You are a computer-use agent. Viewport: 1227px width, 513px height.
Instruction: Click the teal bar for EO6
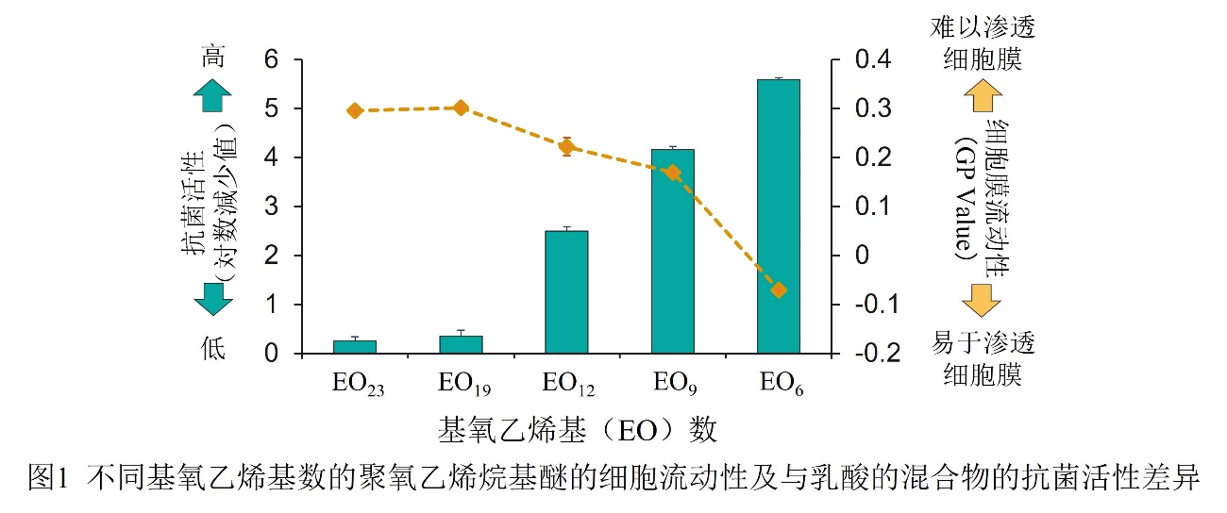point(778,216)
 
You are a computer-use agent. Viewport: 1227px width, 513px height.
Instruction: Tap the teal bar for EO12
point(566,291)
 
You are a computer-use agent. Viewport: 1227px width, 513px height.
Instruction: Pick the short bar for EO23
point(355,346)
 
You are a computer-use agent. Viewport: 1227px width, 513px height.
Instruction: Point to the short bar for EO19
point(461,344)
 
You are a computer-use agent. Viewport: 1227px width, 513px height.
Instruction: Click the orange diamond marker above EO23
point(355,110)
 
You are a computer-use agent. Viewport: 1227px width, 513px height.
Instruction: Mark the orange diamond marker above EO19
point(461,108)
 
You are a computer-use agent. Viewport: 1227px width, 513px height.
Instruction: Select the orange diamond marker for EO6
point(779,290)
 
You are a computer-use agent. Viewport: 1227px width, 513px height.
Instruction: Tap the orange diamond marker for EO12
point(566,146)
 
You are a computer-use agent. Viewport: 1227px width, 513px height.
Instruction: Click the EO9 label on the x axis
point(673,383)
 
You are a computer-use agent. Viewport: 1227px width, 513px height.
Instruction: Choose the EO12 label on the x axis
point(567,383)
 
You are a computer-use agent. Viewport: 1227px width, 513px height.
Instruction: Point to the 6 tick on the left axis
point(272,59)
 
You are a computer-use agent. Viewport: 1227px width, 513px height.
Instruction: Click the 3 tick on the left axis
point(272,207)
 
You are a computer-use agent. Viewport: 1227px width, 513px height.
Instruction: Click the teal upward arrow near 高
point(213,95)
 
